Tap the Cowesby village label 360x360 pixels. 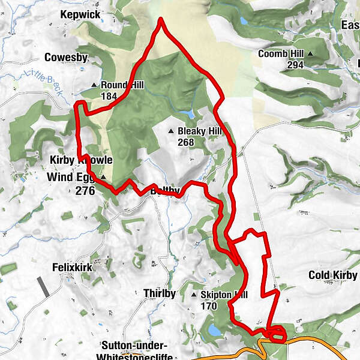(66, 58)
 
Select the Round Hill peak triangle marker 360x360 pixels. (95, 85)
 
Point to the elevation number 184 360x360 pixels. (109, 96)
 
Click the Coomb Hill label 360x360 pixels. (282, 54)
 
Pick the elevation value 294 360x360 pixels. (295, 65)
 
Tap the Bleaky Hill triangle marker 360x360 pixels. (171, 131)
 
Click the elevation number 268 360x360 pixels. (186, 142)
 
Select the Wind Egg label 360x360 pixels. (71, 178)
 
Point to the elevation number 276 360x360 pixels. (85, 191)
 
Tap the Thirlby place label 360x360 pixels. (160, 293)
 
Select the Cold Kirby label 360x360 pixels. (333, 275)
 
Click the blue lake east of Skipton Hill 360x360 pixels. (214, 330)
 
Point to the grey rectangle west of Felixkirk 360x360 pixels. (43, 287)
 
